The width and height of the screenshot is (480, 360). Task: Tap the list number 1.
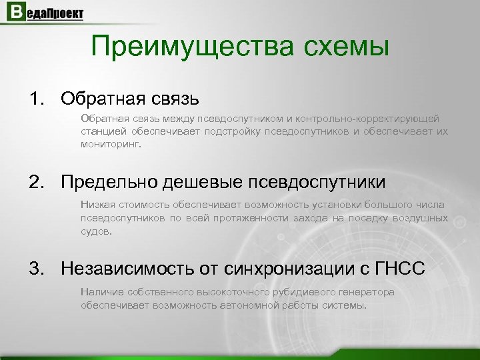(35, 99)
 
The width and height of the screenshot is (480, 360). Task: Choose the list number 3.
(35, 269)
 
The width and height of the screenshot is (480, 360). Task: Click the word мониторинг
(111, 143)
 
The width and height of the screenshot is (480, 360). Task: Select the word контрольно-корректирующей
(371, 118)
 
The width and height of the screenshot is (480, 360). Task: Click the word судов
(96, 231)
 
